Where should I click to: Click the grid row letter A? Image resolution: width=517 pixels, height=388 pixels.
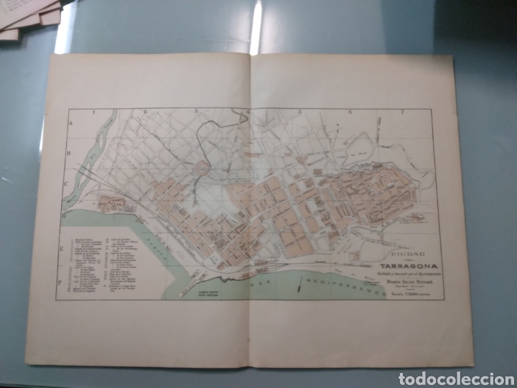coord(71,124)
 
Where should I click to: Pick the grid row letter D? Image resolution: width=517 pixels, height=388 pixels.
coord(65,213)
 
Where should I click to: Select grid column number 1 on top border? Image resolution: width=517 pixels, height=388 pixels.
coord(113,112)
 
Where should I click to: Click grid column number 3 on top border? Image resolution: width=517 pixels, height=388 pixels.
coord(195,112)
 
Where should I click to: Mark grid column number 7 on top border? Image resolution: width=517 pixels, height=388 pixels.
coord(404,112)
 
